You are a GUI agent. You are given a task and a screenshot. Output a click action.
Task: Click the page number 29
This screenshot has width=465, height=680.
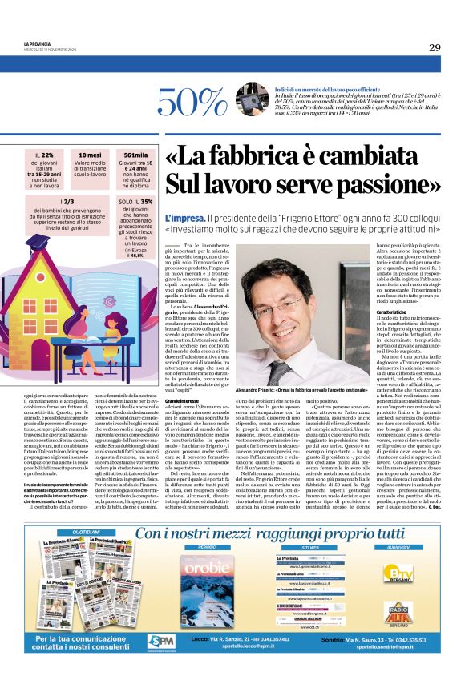pyautogui.click(x=434, y=47)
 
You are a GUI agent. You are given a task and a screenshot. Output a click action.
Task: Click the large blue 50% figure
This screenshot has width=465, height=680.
pyautogui.click(x=196, y=101)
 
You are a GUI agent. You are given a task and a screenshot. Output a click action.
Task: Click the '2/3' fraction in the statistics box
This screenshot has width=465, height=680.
pyautogui.click(x=47, y=203)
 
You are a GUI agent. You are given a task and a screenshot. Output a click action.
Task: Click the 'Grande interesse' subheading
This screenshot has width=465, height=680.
pyautogui.click(x=183, y=399)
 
